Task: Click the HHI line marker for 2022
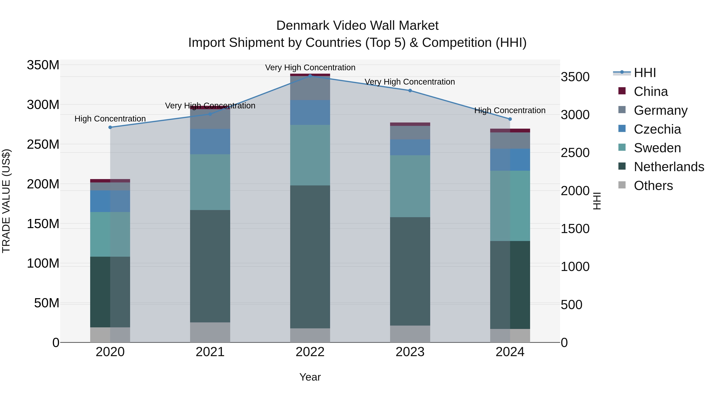[310, 76]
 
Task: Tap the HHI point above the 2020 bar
[110, 127]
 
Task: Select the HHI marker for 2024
[510, 119]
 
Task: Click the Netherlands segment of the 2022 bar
[310, 257]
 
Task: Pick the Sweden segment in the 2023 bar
[410, 186]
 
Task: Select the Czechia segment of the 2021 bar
[210, 142]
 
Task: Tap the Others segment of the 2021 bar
[210, 332]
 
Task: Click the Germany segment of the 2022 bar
[310, 88]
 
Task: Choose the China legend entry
[651, 92]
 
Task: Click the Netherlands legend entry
[669, 167]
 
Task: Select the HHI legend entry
[645, 73]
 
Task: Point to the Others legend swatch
[622, 185]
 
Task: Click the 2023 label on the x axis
[410, 352]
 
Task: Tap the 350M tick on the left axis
[43, 65]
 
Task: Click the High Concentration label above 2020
[110, 119]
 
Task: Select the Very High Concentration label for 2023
[410, 82]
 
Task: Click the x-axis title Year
[310, 377]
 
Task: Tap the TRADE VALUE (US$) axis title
[6, 201]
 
